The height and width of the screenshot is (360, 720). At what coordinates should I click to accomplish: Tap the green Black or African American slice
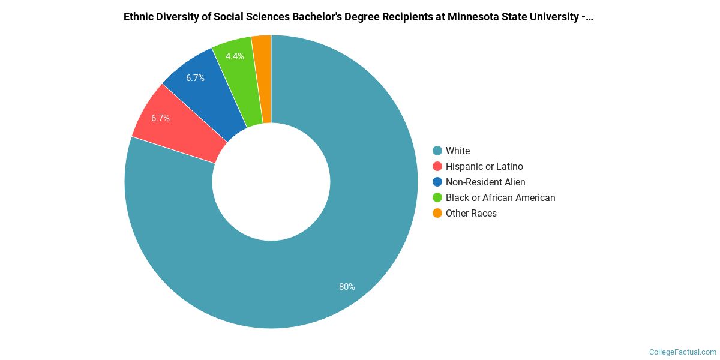point(237,66)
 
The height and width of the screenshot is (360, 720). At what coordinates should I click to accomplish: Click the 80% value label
point(347,287)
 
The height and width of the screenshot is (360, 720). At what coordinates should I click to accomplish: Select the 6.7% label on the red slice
point(160,118)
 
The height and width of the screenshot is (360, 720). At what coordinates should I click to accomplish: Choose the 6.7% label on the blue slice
point(195,78)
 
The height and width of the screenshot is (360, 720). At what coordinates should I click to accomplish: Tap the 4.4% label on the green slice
point(235,56)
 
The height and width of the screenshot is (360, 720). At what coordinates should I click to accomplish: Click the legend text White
point(458,151)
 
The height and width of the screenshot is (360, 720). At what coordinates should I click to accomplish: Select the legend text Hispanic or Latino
point(484,167)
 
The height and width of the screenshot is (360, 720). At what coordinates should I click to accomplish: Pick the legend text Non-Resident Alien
point(485,182)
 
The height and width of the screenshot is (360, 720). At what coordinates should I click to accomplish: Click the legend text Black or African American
point(500,198)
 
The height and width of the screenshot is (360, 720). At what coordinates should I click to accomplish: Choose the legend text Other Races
point(471,214)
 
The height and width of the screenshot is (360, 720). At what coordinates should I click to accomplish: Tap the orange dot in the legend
point(437,214)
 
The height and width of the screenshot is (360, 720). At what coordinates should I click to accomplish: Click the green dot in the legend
point(437,198)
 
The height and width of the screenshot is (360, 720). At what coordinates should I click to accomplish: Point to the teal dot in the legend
point(437,151)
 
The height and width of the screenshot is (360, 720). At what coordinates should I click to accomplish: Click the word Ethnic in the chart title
point(139,17)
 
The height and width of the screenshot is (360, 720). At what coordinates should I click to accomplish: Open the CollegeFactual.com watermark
point(683,352)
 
